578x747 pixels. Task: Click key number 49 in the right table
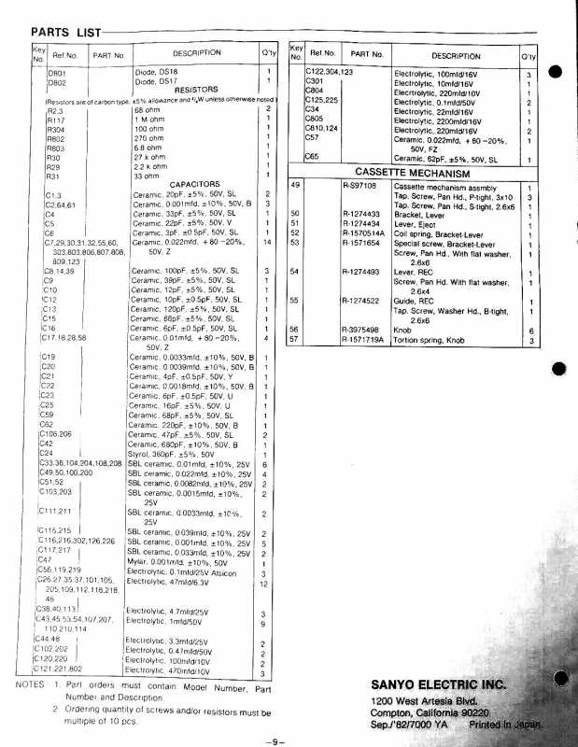295,187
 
